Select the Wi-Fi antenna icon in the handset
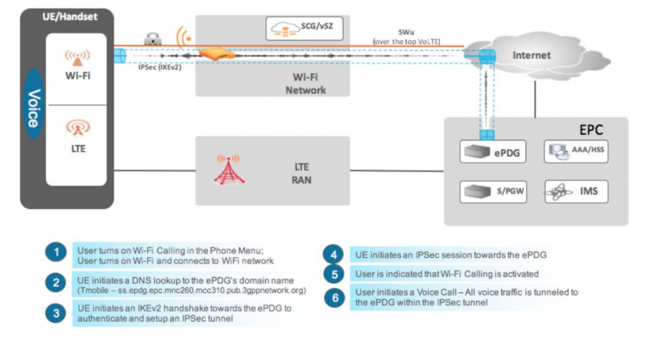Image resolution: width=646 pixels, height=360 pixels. tap(76, 58)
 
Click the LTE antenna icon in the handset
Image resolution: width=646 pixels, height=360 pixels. tap(76, 128)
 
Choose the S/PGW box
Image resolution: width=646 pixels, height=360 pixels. tap(494, 191)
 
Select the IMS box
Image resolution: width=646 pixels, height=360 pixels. tap(575, 191)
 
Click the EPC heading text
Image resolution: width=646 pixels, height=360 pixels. tap(591, 131)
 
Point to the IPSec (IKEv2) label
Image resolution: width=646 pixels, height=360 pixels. tap(160, 67)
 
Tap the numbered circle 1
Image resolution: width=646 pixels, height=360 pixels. tap(56, 254)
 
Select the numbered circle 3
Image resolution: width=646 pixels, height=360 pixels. tap(56, 313)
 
